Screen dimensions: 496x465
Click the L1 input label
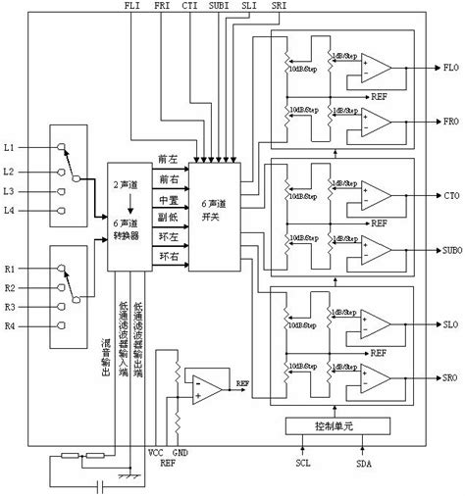coord(9,147)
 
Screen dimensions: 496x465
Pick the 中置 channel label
coord(168,200)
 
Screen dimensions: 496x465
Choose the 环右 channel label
coord(168,257)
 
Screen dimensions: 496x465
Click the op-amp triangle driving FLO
coord(376,70)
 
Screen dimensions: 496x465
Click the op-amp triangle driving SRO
coord(376,376)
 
